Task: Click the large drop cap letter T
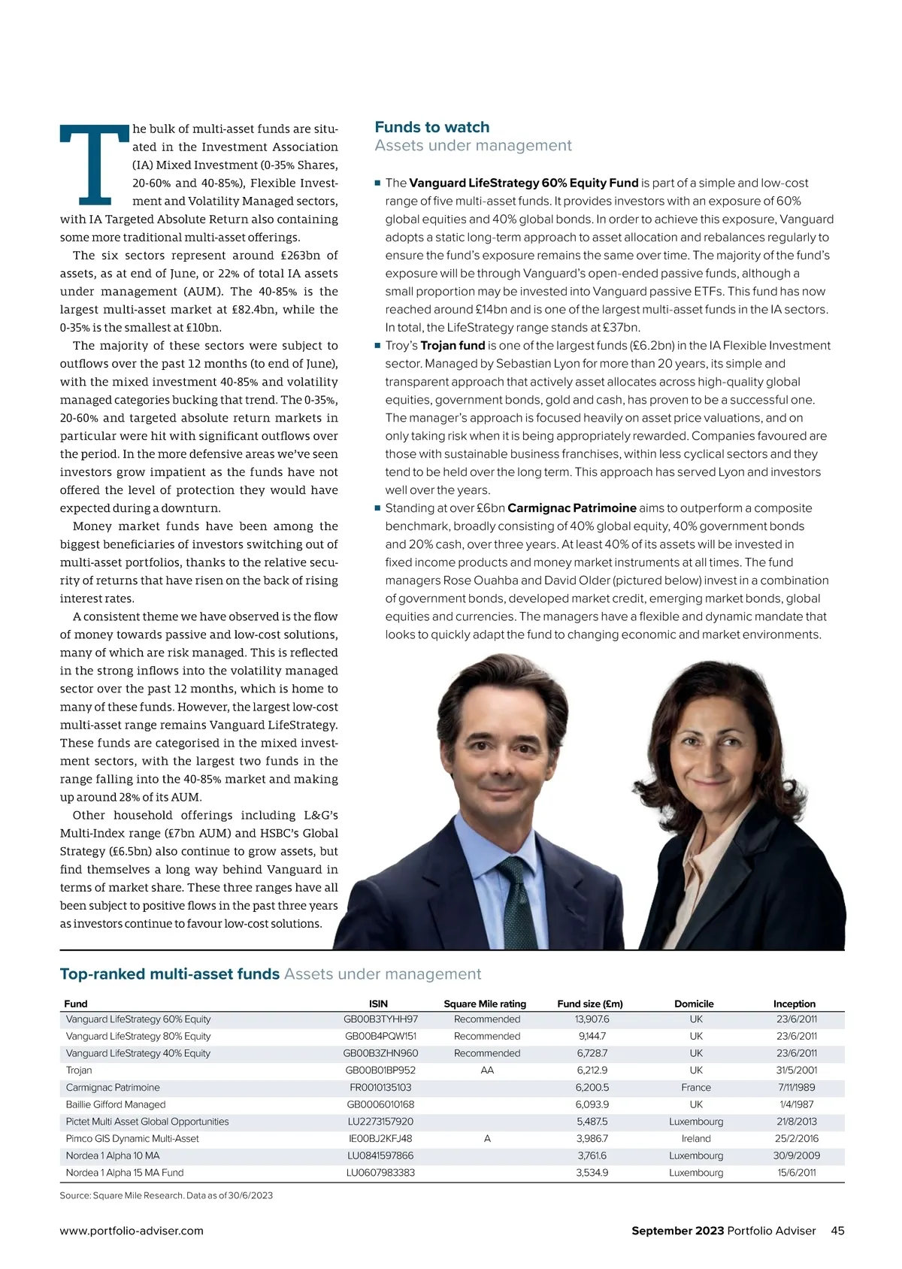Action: (x=95, y=165)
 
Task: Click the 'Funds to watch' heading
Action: (x=432, y=127)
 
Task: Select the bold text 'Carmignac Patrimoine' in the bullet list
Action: (x=572, y=508)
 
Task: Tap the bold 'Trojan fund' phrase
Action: (x=453, y=346)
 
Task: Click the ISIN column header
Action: (x=379, y=1004)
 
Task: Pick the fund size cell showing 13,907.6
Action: (x=592, y=1019)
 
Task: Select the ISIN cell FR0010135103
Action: (x=380, y=1088)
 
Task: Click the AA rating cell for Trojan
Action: (x=487, y=1071)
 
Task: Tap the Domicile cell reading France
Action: (x=696, y=1088)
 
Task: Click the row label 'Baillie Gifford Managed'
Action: (x=116, y=1105)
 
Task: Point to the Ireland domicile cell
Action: (x=696, y=1139)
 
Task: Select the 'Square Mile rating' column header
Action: (x=485, y=1004)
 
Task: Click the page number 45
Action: (x=837, y=1231)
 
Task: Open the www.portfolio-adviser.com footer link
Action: (x=132, y=1231)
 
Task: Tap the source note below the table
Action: (x=166, y=1195)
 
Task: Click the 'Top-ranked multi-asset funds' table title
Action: (x=170, y=974)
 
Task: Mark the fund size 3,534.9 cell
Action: (x=592, y=1173)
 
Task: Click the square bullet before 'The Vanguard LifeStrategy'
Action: (x=378, y=183)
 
